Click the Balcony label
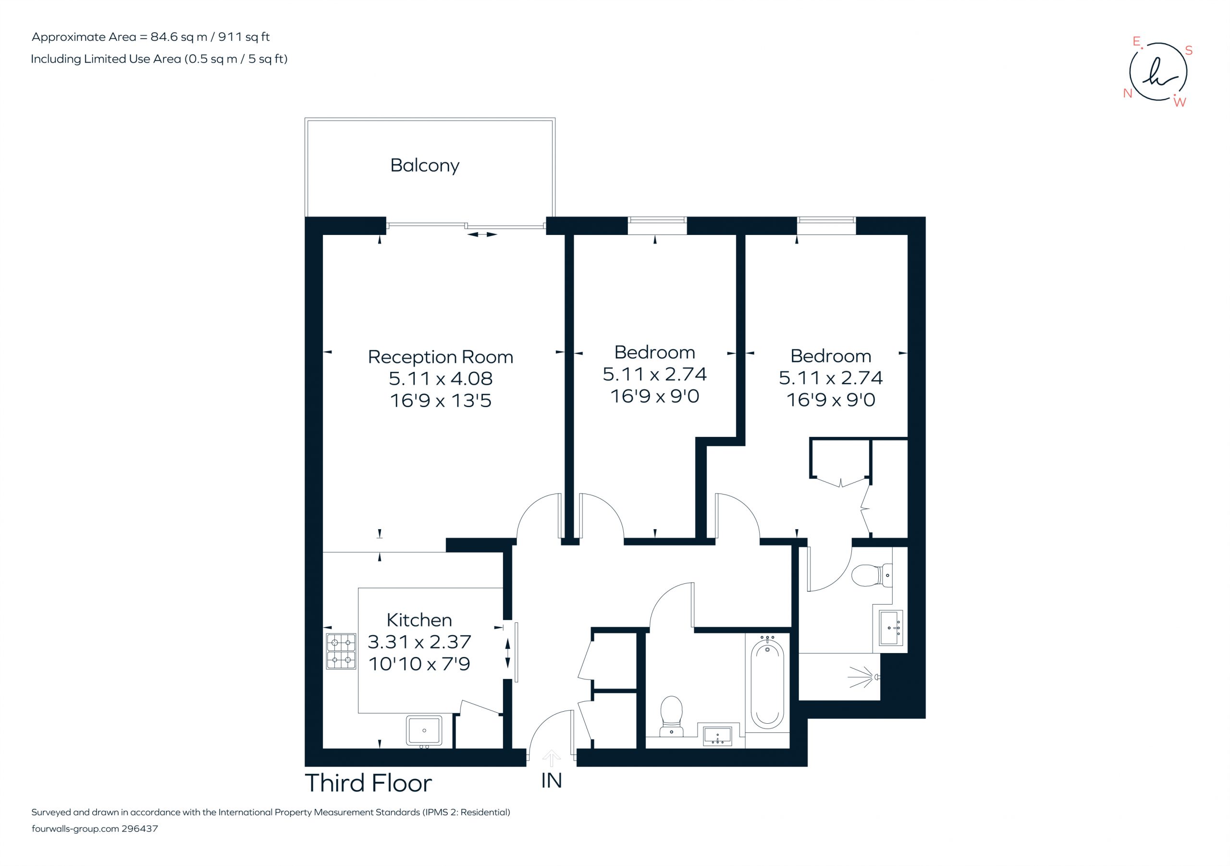tap(425, 166)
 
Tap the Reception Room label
tap(441, 357)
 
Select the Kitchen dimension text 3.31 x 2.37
tap(419, 642)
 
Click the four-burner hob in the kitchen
tap(341, 651)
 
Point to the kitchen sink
tap(424, 731)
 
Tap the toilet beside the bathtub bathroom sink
tap(671, 716)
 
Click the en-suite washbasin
tap(891, 628)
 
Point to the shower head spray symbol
tap(863, 677)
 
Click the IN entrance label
tap(551, 781)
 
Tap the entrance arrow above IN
tap(551, 758)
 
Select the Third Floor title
tap(368, 783)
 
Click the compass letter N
tap(1128, 93)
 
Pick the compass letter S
tap(1189, 50)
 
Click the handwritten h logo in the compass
tap(1159, 73)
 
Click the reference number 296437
tap(140, 829)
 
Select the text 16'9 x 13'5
tap(441, 401)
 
